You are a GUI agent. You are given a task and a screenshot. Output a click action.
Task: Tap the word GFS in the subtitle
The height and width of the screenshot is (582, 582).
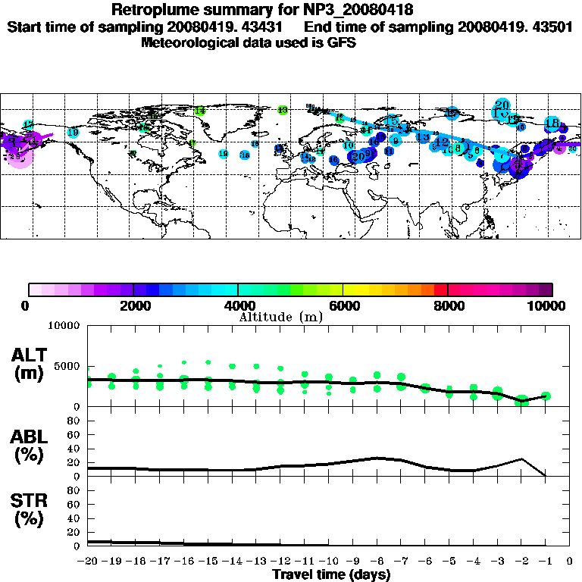point(341,42)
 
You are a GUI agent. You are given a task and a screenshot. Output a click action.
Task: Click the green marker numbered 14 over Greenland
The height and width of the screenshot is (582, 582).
point(200,111)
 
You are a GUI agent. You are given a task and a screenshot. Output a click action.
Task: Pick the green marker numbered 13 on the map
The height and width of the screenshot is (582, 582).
point(283,110)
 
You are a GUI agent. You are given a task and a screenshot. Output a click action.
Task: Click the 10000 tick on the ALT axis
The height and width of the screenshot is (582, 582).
point(63,326)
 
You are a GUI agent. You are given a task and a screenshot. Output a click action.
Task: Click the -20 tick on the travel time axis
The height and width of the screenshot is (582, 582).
point(88,562)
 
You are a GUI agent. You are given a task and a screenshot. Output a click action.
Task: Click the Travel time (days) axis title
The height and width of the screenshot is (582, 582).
point(331,575)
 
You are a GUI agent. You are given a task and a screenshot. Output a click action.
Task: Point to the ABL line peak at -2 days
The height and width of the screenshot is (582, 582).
point(521,458)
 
